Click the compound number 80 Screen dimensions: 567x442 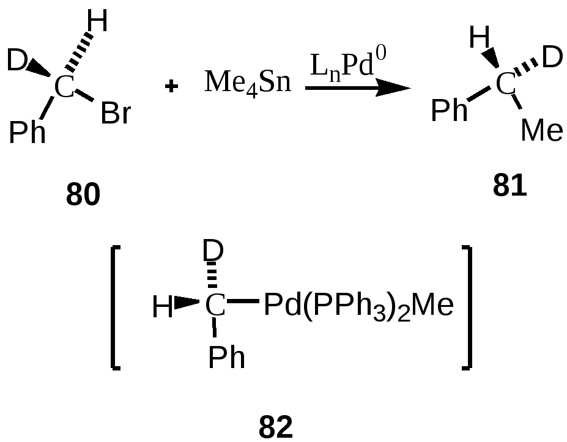[x=83, y=196]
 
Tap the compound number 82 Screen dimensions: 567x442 [x=276, y=427]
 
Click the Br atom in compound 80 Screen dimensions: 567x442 [x=116, y=114]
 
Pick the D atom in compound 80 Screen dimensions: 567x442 [x=17, y=61]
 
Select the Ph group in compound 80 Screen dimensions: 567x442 [x=28, y=132]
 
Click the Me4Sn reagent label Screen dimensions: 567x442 [x=248, y=82]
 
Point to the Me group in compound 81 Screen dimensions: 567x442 [x=542, y=130]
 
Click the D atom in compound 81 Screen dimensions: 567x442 [x=552, y=58]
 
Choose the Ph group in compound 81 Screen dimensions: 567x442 [x=450, y=111]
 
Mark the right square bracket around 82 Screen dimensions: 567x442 [x=467, y=308]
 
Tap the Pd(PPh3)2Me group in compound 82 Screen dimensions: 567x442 [x=358, y=305]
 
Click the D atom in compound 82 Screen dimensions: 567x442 [x=214, y=250]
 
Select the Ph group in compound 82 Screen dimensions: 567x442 [x=227, y=358]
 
